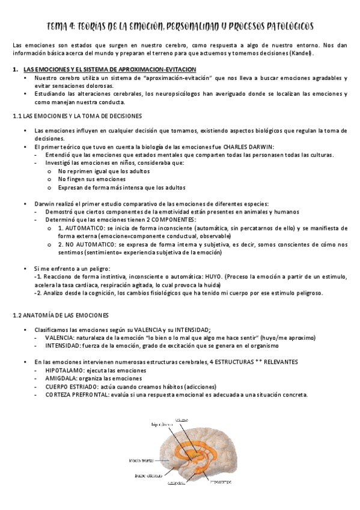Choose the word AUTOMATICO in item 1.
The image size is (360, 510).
[86, 229]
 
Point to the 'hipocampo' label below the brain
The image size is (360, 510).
[221, 481]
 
